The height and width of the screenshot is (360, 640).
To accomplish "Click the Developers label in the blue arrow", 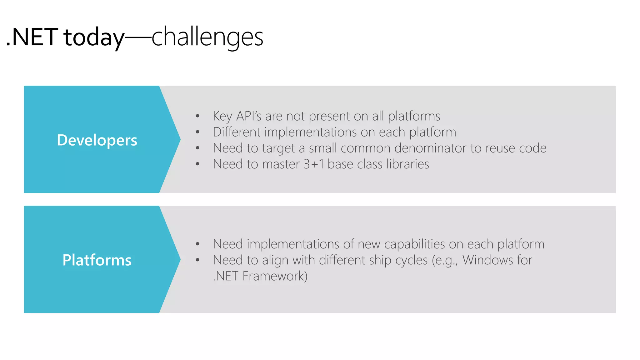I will point(97,140).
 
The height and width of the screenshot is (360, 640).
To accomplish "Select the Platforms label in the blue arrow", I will point(97,260).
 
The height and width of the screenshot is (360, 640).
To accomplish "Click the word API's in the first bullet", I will point(249,116).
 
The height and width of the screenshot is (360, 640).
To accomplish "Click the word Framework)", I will point(275,276).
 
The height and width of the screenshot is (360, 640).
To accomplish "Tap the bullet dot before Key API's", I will point(197,116).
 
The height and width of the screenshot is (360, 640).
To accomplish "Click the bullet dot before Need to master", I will point(197,164).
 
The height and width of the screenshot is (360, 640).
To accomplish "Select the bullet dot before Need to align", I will point(197,260).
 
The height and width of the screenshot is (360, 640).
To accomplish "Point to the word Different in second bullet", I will point(237,132).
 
